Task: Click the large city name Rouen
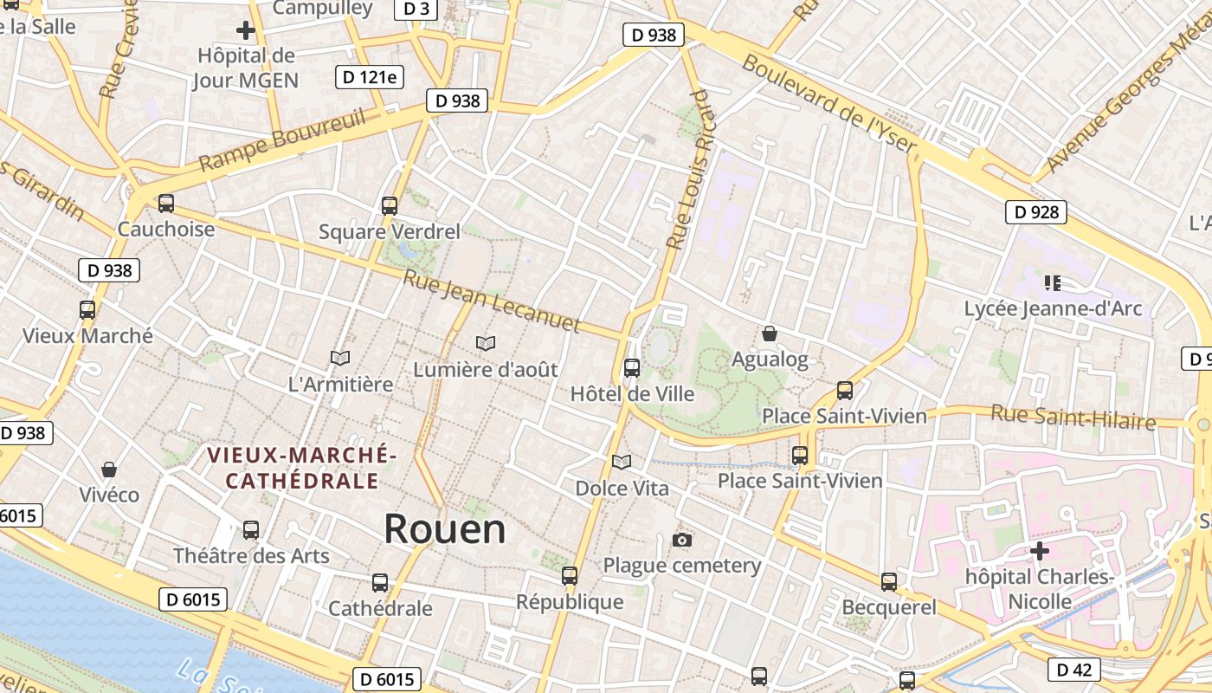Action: pos(444,528)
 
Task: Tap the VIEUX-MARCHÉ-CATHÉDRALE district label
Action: pos(302,468)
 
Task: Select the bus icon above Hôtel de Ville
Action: pos(632,368)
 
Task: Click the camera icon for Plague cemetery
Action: pos(682,541)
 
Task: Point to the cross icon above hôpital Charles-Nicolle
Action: pos(1039,550)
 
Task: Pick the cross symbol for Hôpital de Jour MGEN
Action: pos(246,31)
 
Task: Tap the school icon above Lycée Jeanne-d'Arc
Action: pos(1053,282)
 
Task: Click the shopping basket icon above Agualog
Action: pos(769,334)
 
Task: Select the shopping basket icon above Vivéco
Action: pos(109,470)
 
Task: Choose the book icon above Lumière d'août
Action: pos(486,344)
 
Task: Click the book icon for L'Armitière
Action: pos(340,358)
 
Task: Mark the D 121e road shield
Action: pos(370,77)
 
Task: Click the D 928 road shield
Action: pos(1035,211)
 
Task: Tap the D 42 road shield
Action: pos(1074,669)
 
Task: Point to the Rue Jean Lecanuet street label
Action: pos(492,300)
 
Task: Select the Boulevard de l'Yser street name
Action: pos(828,105)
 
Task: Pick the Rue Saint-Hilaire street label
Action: pos(1073,417)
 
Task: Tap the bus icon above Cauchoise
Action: pos(165,204)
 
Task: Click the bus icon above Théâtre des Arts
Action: pos(251,529)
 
